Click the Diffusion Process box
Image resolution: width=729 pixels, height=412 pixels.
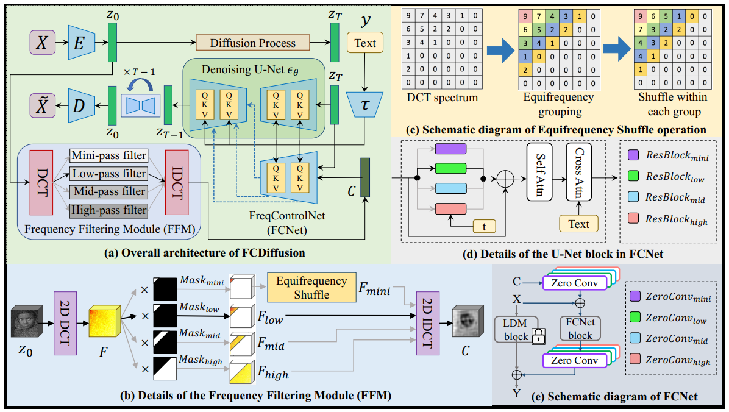(252, 43)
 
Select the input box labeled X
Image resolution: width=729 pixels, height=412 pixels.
(42, 43)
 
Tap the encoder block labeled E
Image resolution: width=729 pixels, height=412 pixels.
(81, 43)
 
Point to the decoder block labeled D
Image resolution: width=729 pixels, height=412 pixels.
(81, 105)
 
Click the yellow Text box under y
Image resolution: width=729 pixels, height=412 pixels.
(365, 43)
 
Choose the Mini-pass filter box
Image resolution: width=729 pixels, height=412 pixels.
(108, 155)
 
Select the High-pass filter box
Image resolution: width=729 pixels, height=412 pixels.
(108, 210)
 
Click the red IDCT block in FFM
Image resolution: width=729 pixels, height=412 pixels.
(177, 182)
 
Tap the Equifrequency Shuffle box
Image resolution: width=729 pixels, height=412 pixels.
(311, 288)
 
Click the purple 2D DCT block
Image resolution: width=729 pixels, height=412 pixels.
(65, 323)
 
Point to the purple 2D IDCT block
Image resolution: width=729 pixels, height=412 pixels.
(428, 323)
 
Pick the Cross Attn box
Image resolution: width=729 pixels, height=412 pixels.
(579, 172)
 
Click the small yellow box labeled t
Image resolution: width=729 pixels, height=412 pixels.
(484, 227)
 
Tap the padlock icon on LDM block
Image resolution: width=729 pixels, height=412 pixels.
(538, 336)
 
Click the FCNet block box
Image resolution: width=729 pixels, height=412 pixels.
(580, 329)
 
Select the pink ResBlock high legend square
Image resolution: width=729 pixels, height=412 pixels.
(633, 218)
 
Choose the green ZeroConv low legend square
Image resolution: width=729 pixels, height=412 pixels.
(635, 317)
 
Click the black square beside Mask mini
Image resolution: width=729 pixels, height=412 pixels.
(165, 289)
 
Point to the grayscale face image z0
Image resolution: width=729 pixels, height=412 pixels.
(27, 321)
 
